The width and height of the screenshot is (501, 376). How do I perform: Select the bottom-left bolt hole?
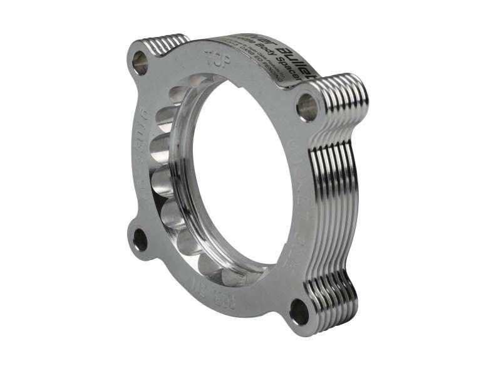[x=139, y=240]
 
